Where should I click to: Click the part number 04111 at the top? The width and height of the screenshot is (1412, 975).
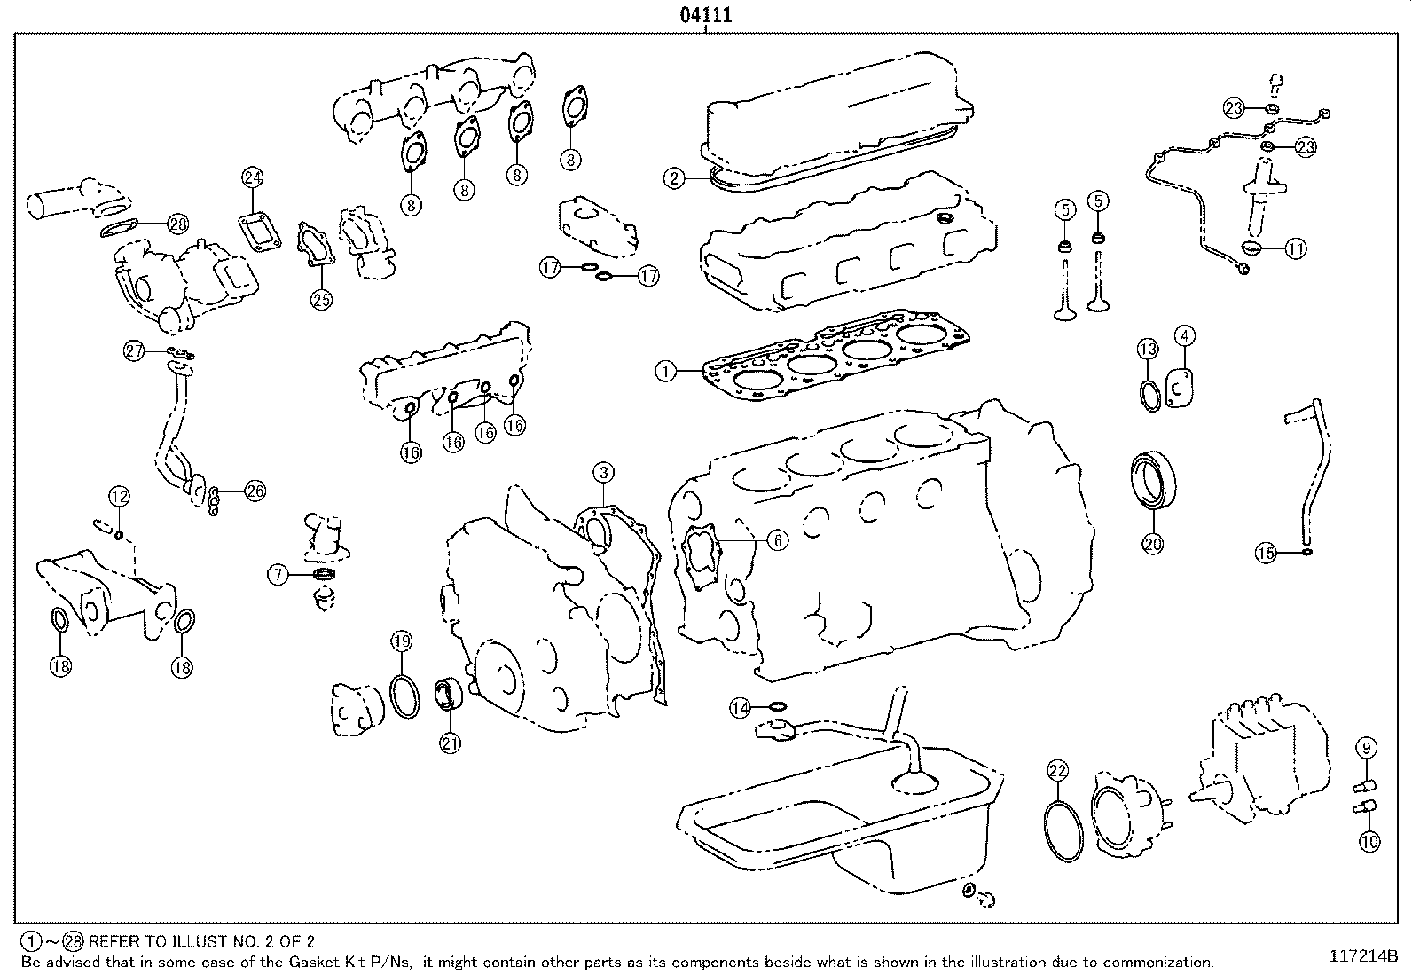pyautogui.click(x=705, y=15)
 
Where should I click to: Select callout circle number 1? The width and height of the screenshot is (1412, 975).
pyautogui.click(x=666, y=371)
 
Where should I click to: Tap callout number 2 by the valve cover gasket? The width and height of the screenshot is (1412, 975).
pyautogui.click(x=675, y=178)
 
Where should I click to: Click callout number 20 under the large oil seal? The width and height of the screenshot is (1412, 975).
pyautogui.click(x=1152, y=545)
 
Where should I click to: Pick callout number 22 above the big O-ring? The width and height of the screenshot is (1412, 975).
pyautogui.click(x=1057, y=770)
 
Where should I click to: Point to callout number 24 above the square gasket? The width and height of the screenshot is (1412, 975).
pyautogui.click(x=252, y=177)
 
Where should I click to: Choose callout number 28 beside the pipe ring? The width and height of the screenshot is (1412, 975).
pyautogui.click(x=177, y=224)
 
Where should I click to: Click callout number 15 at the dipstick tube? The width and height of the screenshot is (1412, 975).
pyautogui.click(x=1266, y=554)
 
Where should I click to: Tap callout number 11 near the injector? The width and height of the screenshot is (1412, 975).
pyautogui.click(x=1296, y=249)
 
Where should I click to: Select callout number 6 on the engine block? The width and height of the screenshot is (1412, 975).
pyautogui.click(x=776, y=539)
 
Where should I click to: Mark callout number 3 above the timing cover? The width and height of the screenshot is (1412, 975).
pyautogui.click(x=602, y=472)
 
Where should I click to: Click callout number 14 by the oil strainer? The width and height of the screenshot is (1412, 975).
pyautogui.click(x=741, y=707)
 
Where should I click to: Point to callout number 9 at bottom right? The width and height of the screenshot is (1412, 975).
pyautogui.click(x=1366, y=748)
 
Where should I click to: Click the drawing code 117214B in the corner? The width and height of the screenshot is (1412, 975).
pyautogui.click(x=1363, y=956)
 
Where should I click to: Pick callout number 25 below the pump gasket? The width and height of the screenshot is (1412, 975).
pyautogui.click(x=321, y=300)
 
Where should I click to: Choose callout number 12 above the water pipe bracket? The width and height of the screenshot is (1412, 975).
pyautogui.click(x=119, y=496)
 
